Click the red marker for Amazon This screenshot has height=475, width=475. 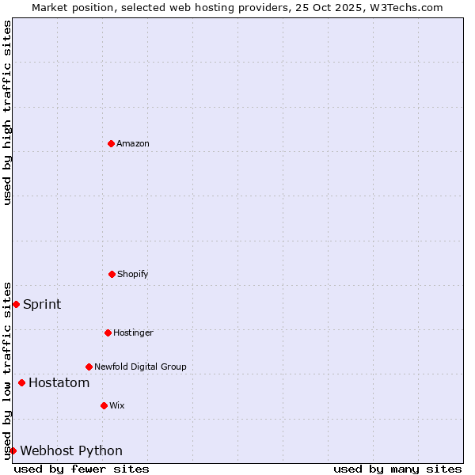[x=111, y=143]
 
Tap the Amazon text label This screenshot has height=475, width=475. [x=133, y=144]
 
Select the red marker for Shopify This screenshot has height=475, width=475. [x=112, y=274]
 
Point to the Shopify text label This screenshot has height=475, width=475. [x=133, y=275]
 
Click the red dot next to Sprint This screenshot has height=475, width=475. [x=16, y=304]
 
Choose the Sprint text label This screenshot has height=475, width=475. [x=42, y=305]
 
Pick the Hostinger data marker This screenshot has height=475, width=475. [x=108, y=332]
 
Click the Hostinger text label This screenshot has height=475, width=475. [x=133, y=333]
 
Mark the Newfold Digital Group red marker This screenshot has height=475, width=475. [x=89, y=367]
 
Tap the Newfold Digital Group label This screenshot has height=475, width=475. [x=140, y=367]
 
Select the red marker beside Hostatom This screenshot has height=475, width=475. [x=21, y=383]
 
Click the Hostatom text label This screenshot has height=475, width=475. [x=59, y=383]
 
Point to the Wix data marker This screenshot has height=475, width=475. [x=104, y=405]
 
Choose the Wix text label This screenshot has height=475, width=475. [x=117, y=406]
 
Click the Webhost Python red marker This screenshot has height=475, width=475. [x=13, y=450]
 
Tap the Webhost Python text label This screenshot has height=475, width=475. [x=71, y=451]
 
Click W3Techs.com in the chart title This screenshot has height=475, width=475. [x=408, y=8]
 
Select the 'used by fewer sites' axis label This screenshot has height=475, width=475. [x=82, y=469]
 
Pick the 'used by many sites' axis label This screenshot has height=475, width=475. [x=397, y=469]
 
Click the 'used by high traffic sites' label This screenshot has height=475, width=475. [x=8, y=112]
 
